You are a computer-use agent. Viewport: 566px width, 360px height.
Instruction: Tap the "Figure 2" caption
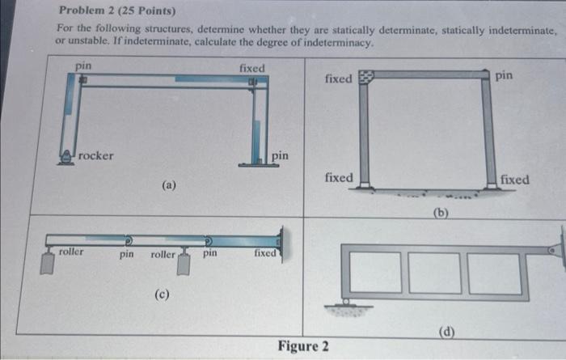[x=303, y=346]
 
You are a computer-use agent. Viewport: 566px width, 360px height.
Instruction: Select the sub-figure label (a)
[x=168, y=185]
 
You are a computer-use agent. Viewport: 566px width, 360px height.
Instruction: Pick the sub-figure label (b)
[x=440, y=213]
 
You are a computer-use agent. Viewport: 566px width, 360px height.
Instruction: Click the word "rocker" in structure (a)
[x=96, y=155]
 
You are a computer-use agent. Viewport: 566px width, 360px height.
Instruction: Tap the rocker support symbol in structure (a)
[x=65, y=157]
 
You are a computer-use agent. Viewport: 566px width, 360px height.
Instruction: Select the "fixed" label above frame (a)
[x=251, y=69]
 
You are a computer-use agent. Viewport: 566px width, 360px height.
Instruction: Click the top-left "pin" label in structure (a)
[x=83, y=64]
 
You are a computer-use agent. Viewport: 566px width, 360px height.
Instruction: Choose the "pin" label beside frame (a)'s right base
[x=279, y=155]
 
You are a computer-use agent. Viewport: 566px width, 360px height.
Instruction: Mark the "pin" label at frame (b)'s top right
[x=504, y=75]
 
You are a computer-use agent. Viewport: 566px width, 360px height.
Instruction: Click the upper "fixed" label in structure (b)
[x=338, y=78]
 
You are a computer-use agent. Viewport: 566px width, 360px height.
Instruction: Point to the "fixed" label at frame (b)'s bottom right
[x=515, y=179]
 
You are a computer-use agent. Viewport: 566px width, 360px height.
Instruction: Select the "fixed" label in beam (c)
[x=265, y=253]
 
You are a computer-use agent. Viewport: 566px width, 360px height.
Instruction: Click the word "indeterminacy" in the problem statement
[x=331, y=42]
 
